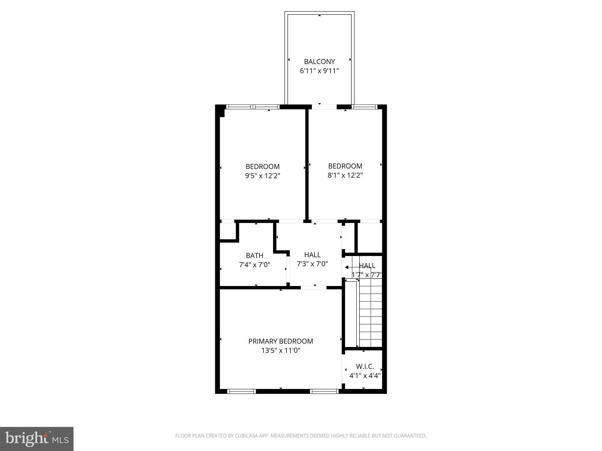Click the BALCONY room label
point(319,62)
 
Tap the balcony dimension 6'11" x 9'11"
point(319,71)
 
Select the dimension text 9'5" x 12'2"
point(262,176)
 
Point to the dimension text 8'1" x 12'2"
point(345,175)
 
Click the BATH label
point(255,255)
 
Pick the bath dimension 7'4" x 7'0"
point(255,265)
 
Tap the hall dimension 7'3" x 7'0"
point(312,264)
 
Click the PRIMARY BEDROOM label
point(280,341)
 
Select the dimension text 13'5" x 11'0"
point(280,350)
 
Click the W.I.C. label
point(365,366)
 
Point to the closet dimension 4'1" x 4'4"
point(365,376)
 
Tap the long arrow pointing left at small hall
point(351,267)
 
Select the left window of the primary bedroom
point(241,391)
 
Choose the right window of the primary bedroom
point(324,391)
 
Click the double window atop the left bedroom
point(253,107)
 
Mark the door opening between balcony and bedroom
point(324,107)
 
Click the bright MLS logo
point(36,439)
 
